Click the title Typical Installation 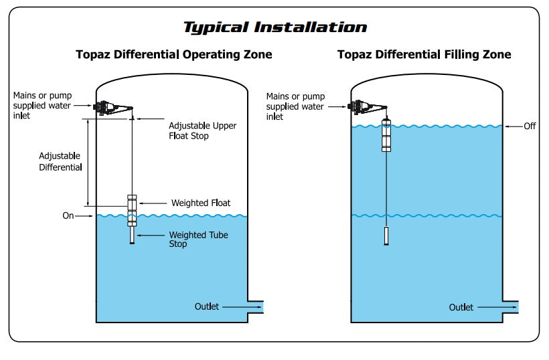click(x=274, y=28)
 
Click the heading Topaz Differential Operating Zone click(x=174, y=54)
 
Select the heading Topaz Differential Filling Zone click(x=424, y=54)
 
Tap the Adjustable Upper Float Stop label click(x=202, y=130)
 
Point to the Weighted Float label click(x=201, y=203)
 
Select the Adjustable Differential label click(x=60, y=161)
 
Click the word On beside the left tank click(x=68, y=215)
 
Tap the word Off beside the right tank click(x=530, y=126)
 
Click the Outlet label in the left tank click(x=207, y=306)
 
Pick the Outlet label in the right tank click(x=461, y=307)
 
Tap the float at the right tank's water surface click(x=386, y=134)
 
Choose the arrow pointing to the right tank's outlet click(x=492, y=307)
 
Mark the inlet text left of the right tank click(x=295, y=106)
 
